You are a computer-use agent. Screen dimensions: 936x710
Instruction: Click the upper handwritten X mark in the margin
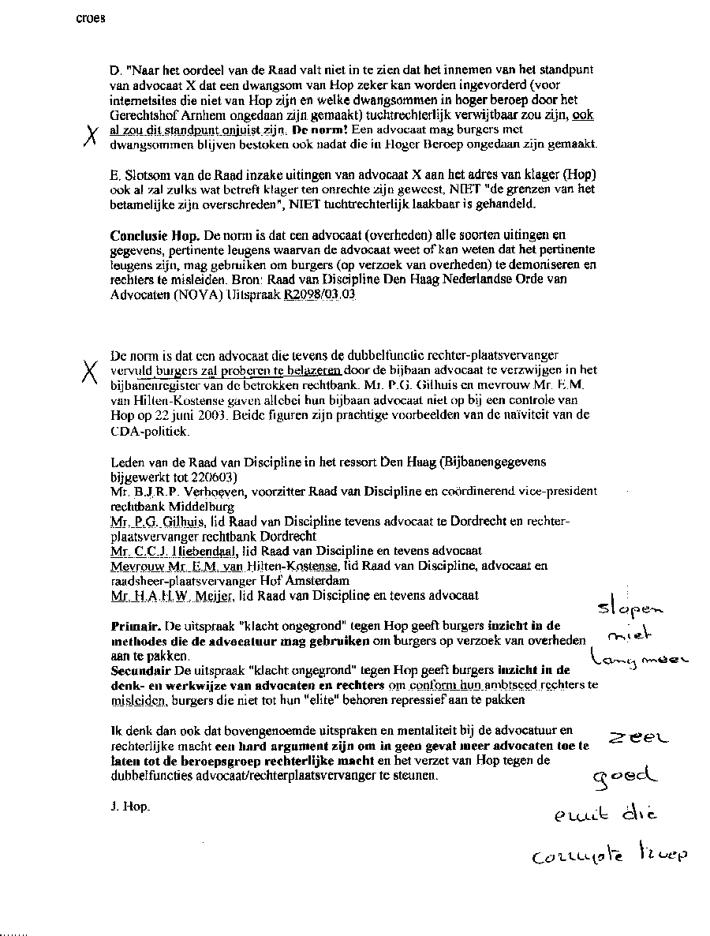pos(92,137)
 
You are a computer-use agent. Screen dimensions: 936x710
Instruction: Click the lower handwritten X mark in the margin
pos(91,369)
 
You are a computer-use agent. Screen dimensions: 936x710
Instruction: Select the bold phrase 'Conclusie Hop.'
pos(154,236)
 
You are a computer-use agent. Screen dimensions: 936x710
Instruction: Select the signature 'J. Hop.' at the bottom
pos(129,807)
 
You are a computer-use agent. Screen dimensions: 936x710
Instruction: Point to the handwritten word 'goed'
pos(628,777)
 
